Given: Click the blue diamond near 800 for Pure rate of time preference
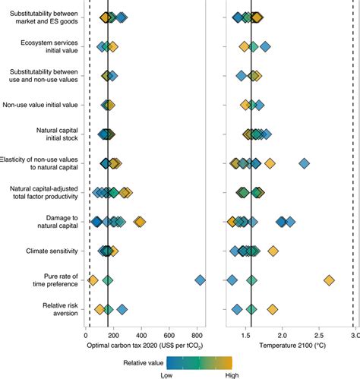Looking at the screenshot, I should click(201, 280).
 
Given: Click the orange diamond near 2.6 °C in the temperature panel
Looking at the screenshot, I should click(330, 280).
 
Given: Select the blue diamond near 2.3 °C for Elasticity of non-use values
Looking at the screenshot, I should click(305, 163).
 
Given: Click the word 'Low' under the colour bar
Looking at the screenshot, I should click(166, 374).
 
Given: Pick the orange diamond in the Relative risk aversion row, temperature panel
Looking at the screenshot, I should click(273, 309).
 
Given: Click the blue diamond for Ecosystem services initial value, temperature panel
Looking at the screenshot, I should click(265, 46).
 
